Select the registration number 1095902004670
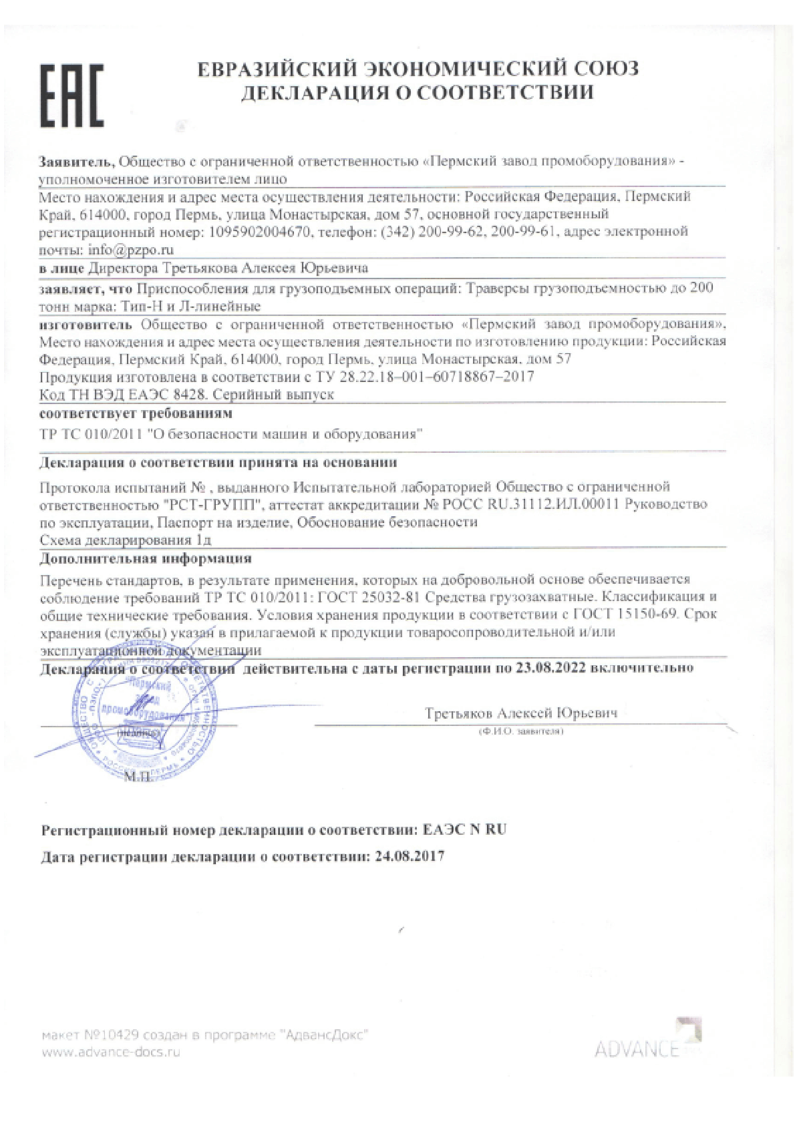click(261, 232)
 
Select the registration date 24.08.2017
click(408, 856)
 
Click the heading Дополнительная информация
click(146, 558)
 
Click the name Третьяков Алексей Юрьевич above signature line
click(521, 713)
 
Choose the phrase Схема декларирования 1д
click(126, 540)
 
